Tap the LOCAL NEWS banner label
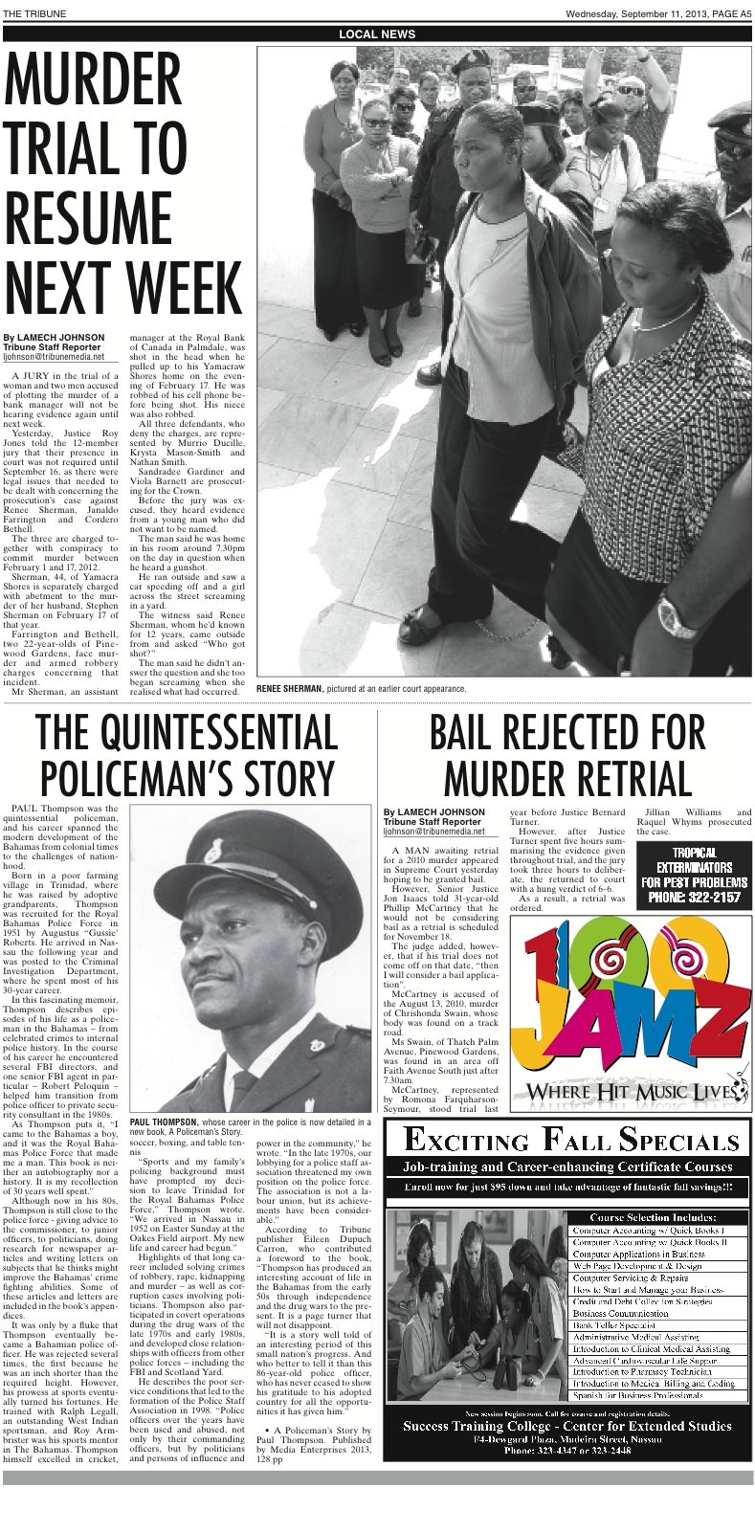point(377,33)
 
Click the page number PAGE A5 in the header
point(725,13)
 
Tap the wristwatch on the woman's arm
point(677,618)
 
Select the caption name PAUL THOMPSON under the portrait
point(163,1121)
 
